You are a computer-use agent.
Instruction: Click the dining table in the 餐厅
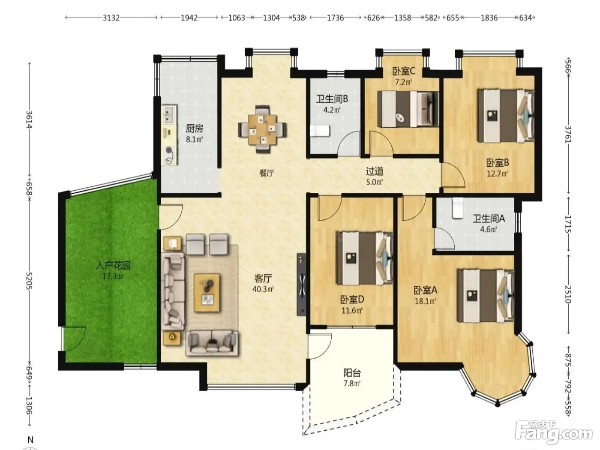coord(262,129)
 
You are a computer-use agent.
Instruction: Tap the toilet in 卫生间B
coord(320,131)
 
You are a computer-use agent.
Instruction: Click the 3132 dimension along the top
coord(111,18)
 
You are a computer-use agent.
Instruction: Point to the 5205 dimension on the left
coord(29,281)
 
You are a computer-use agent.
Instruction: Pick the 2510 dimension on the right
coord(568,294)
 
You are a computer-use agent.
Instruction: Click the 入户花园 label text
coord(113,265)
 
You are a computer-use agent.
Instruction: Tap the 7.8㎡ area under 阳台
coord(352,383)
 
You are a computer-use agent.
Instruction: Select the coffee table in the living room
coord(207,293)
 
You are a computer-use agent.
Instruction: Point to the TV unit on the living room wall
coord(302,285)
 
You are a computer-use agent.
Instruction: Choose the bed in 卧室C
coord(408,109)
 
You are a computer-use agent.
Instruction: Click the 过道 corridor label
coord(375,171)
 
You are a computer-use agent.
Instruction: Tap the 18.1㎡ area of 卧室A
coord(425,301)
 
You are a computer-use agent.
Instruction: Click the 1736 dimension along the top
coord(336,18)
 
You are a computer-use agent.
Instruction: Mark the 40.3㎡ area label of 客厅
coord(263,289)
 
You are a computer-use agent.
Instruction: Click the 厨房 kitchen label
coord(194,128)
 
